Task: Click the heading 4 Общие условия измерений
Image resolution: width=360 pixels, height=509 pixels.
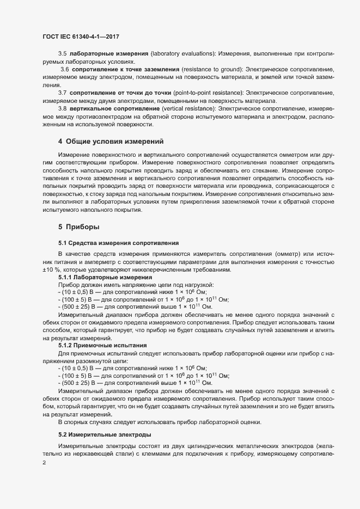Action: tap(111, 142)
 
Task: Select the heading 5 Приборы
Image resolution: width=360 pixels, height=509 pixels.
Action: tap(78, 226)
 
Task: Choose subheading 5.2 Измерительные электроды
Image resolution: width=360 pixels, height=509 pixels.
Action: tap(105, 435)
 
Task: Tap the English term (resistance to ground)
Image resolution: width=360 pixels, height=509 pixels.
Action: tap(209, 70)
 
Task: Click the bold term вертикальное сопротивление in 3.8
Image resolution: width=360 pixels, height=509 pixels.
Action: tap(109, 109)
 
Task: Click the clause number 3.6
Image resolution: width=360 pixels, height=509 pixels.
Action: tap(65, 70)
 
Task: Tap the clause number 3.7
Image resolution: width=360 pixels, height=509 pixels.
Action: tap(63, 93)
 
